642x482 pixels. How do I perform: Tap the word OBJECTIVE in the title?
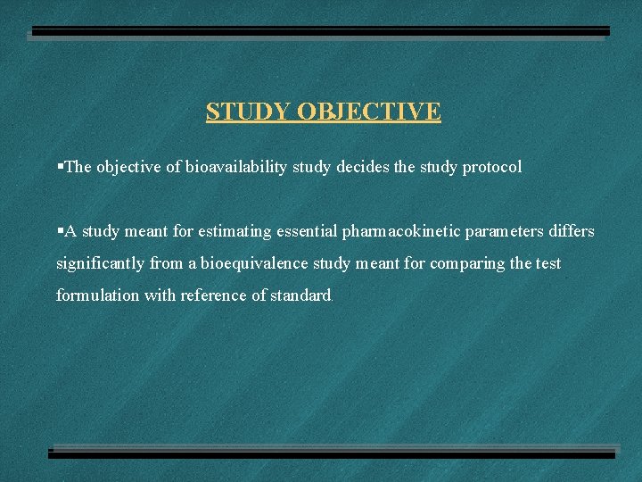(368, 112)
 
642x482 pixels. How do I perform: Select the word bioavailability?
(236, 167)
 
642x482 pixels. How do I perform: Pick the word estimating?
(235, 231)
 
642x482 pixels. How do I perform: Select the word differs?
(572, 231)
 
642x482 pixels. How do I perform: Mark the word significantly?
(98, 263)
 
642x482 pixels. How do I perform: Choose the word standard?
(300, 295)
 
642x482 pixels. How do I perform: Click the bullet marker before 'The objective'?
(60, 166)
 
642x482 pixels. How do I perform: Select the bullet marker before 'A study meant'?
(60, 230)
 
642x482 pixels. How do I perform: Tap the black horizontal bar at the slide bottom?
(332, 453)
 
